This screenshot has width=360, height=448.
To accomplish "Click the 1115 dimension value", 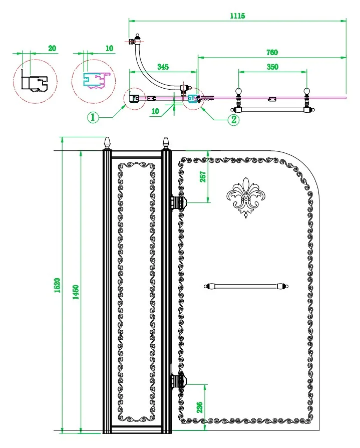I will click(x=237, y=16).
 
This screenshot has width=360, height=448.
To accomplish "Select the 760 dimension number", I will click(x=272, y=52).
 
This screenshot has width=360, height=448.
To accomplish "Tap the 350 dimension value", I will click(x=272, y=66).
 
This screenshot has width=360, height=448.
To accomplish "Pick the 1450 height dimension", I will click(x=76, y=292).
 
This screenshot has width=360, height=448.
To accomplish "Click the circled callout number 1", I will click(x=93, y=118).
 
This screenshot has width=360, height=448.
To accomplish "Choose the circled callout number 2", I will click(x=233, y=119).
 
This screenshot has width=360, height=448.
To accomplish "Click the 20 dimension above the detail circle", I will click(x=52, y=49).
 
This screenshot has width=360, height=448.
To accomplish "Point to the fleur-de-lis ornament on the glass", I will click(x=245, y=197).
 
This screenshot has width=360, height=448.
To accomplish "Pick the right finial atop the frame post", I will click(x=166, y=143).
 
